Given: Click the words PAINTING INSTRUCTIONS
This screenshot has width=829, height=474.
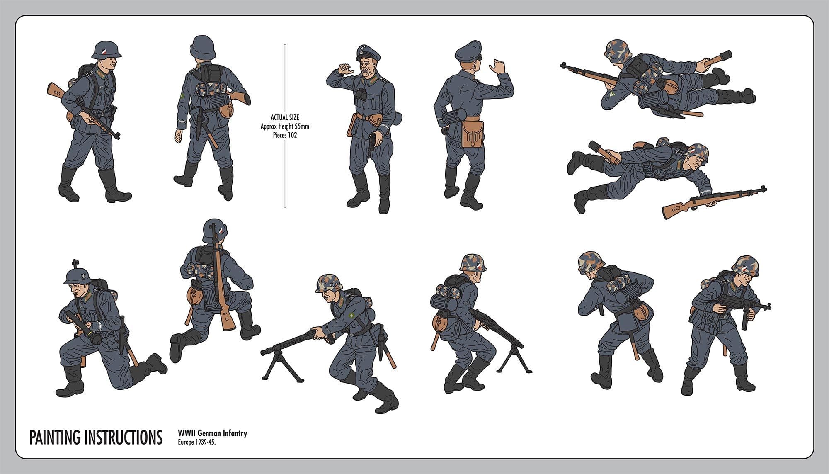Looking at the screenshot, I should [x=96, y=437].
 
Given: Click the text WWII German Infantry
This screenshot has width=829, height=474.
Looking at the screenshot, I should [x=212, y=433].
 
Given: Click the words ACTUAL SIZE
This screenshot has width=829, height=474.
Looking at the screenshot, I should [x=285, y=118].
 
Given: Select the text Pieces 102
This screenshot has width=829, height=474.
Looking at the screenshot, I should [x=285, y=135].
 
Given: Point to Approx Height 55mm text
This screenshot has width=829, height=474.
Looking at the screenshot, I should [x=285, y=126].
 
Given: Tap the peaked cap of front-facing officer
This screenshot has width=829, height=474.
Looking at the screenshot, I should [x=368, y=53].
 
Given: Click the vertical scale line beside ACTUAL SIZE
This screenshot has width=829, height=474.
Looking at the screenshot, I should [x=285, y=83].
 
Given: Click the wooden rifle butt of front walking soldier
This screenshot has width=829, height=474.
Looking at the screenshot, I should [x=55, y=90].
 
